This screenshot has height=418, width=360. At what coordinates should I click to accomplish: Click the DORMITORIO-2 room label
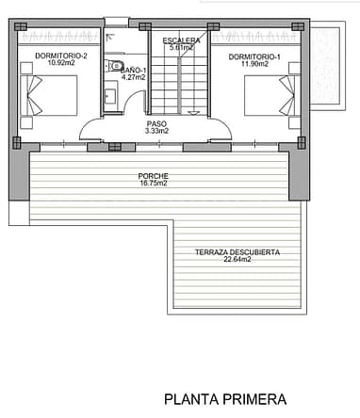pyautogui.click(x=61, y=56)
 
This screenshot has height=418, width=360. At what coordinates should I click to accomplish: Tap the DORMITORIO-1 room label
pyautogui.click(x=254, y=57)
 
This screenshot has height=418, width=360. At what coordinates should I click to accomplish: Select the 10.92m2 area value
pyautogui.click(x=61, y=63)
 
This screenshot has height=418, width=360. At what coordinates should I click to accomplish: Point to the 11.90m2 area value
pyautogui.click(x=254, y=64)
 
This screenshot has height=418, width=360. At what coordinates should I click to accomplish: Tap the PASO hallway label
pyautogui.click(x=156, y=124)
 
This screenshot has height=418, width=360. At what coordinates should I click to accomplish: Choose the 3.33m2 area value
pyautogui.click(x=156, y=131)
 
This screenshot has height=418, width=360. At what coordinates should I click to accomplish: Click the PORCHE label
pyautogui.click(x=154, y=176)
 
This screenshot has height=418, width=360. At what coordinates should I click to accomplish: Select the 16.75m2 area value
pyautogui.click(x=154, y=184)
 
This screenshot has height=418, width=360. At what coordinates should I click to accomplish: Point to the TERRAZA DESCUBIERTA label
pyautogui.click(x=237, y=252)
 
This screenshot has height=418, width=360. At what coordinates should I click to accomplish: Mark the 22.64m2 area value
pyautogui.click(x=237, y=259)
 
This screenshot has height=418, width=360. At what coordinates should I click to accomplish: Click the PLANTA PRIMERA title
pyautogui.click(x=225, y=399)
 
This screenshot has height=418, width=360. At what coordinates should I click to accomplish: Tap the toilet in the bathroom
pyautogui.click(x=114, y=66)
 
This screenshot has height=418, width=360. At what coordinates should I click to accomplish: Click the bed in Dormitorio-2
pyautogui.click(x=49, y=95)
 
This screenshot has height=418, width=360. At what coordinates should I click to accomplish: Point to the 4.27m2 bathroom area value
pyautogui.click(x=134, y=77)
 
